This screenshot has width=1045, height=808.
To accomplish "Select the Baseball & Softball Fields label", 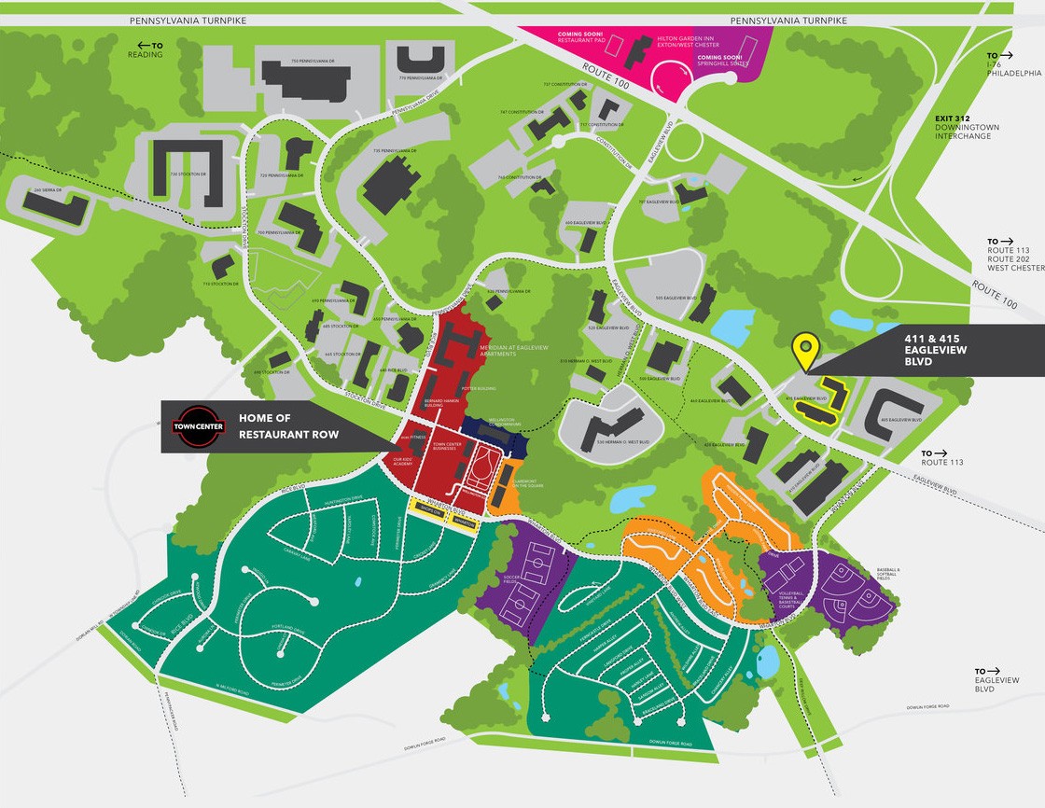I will [x=889, y=573].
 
